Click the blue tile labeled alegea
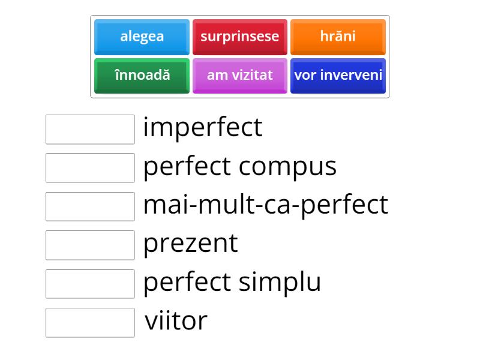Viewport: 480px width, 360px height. [x=142, y=37]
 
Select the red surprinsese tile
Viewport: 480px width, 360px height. [x=239, y=37]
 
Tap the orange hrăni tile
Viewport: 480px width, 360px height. [x=338, y=37]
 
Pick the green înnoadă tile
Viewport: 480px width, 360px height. [x=142, y=76]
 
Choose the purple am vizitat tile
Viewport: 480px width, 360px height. [x=239, y=76]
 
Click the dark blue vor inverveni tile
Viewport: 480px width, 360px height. [x=338, y=76]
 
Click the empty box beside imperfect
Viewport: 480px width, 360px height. [x=90, y=130]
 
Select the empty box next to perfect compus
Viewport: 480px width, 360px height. [x=90, y=168]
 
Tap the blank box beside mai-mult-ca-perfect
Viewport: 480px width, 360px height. [x=90, y=207]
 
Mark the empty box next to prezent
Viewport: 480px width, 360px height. [x=90, y=245]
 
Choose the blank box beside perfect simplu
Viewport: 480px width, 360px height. [x=90, y=284]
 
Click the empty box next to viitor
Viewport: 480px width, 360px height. [x=90, y=323]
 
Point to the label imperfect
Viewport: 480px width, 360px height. [x=203, y=128]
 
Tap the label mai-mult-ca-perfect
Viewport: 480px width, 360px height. [x=265, y=205]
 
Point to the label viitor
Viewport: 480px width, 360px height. [x=176, y=321]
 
